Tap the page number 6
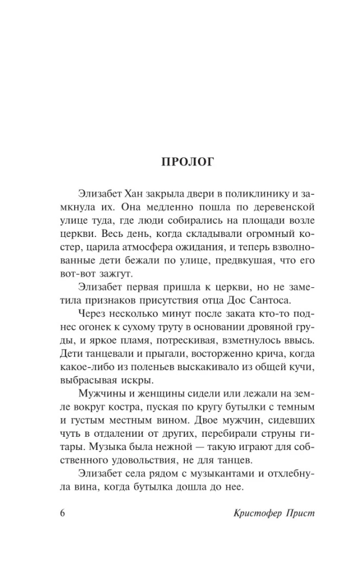(63, 512)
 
